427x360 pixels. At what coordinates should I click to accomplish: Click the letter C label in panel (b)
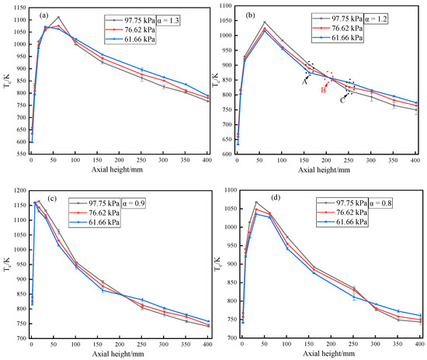[x=342, y=99]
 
